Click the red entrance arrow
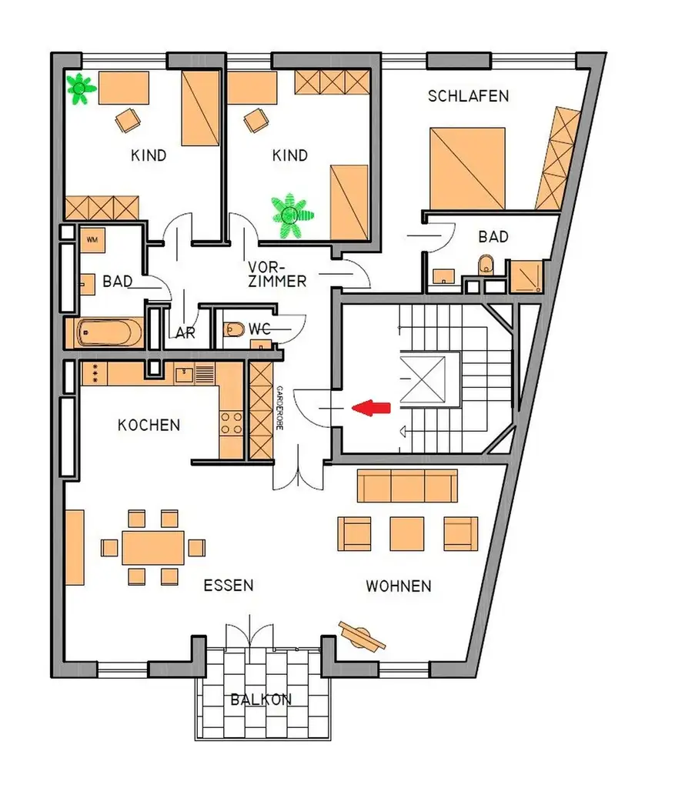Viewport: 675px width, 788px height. click(371, 409)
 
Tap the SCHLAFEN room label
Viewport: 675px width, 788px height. click(468, 96)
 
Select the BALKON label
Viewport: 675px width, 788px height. click(261, 700)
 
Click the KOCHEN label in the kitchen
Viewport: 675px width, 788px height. click(149, 425)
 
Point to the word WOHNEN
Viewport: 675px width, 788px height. click(398, 586)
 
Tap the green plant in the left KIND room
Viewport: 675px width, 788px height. click(79, 88)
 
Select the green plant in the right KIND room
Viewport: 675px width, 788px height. click(292, 213)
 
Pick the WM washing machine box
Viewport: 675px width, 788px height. click(92, 240)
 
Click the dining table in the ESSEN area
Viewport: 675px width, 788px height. click(153, 547)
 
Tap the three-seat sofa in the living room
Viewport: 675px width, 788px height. click(407, 486)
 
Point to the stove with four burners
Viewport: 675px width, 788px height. click(232, 423)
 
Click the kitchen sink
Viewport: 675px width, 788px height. click(185, 375)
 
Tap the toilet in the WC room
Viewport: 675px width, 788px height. click(234, 330)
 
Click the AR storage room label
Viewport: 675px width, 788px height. click(185, 333)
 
